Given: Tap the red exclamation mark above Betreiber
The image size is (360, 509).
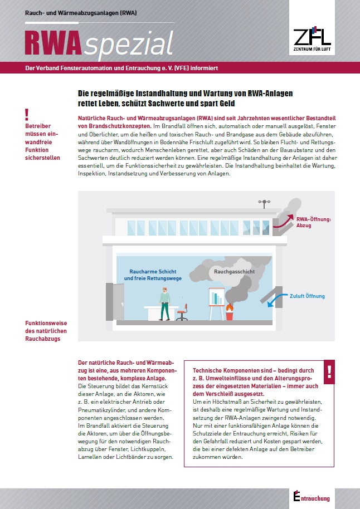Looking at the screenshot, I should (x=27, y=115).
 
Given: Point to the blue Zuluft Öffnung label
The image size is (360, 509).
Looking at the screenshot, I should (x=307, y=296).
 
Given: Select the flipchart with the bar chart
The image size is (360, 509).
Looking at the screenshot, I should (x=215, y=301).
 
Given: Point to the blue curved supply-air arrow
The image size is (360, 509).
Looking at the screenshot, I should (x=275, y=301).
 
